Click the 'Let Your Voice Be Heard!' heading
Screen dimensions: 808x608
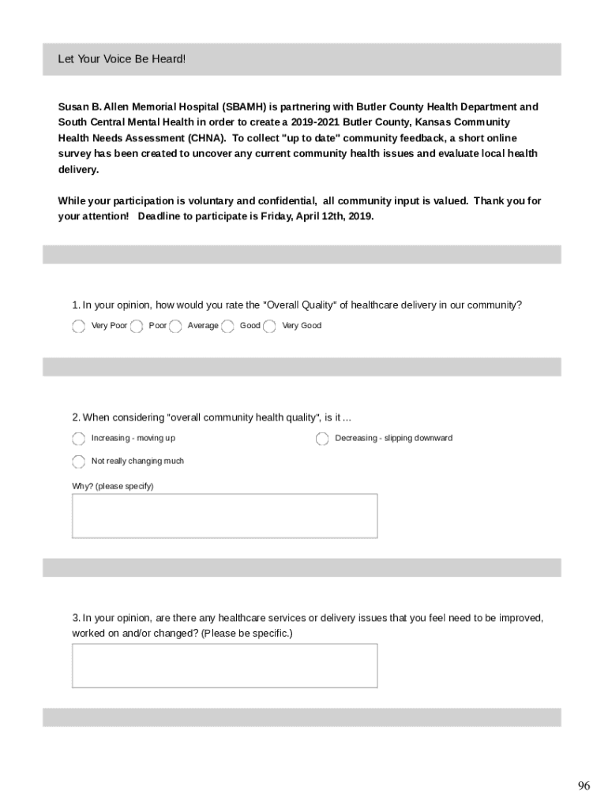click(x=122, y=59)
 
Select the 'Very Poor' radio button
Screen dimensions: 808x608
click(x=78, y=326)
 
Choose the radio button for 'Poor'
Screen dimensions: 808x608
click(x=137, y=326)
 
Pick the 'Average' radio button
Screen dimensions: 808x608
click(x=175, y=326)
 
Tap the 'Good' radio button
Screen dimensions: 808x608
click(x=227, y=326)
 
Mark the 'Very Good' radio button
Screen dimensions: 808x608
click(x=269, y=326)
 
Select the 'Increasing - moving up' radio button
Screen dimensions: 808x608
click(x=78, y=439)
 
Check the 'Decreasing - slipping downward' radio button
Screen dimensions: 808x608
click(x=322, y=439)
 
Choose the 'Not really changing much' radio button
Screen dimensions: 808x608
click(x=78, y=462)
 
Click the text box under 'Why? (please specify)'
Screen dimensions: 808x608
click(x=224, y=516)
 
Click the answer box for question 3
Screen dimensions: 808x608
click(x=224, y=665)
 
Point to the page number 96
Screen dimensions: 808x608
click(x=584, y=786)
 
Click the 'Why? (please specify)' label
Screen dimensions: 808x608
click(x=113, y=486)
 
